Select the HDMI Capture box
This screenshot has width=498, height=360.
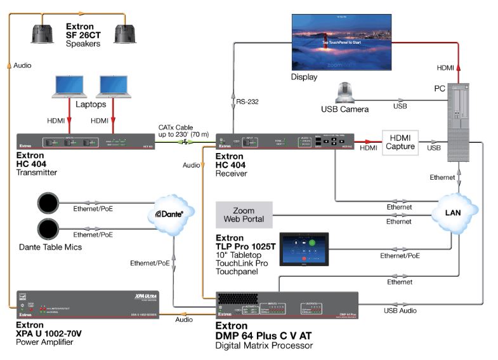pos(402,142)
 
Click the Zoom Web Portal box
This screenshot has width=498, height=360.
pos(244,215)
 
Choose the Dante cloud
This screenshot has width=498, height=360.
pos(169,216)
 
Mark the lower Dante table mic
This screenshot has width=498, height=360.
pos(48,229)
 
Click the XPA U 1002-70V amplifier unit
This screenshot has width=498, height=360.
pos(87,305)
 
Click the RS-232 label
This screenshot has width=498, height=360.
pos(248,101)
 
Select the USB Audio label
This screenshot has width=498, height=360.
pos(400,310)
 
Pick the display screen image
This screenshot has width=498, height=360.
pos(343,39)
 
